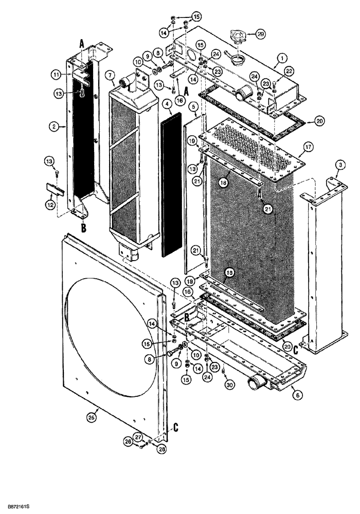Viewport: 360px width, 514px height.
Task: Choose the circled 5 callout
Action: pos(193,107)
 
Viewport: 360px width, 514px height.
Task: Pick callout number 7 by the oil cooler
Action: pos(111,77)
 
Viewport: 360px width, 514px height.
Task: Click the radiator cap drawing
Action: pos(240,37)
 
